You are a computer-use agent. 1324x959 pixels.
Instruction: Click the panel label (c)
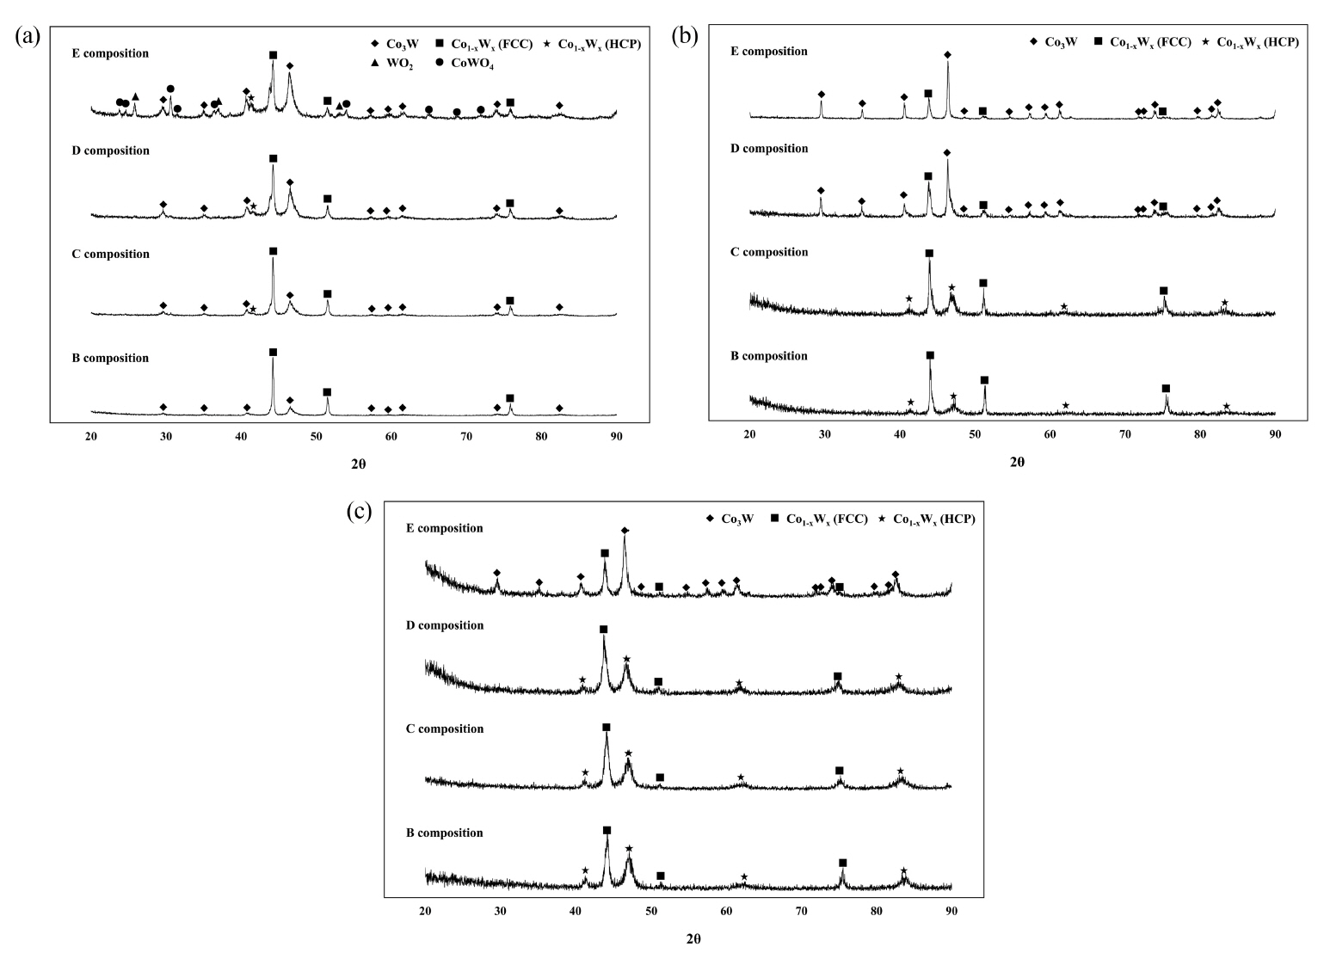click(x=359, y=512)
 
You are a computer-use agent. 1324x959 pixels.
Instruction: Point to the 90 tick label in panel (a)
click(x=616, y=437)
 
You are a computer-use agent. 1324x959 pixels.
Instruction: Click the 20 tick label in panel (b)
click(x=749, y=434)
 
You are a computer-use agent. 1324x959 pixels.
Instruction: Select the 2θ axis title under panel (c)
click(x=693, y=938)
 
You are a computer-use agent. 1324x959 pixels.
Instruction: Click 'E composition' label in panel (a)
click(x=110, y=53)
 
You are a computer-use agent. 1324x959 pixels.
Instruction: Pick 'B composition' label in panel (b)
click(x=768, y=356)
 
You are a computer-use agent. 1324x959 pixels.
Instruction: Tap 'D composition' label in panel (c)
click(x=444, y=625)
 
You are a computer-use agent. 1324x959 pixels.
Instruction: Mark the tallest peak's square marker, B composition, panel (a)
click(x=273, y=353)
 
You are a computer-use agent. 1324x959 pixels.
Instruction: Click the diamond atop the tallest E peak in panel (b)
click(x=947, y=55)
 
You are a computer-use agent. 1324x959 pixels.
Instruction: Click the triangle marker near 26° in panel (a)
click(x=135, y=97)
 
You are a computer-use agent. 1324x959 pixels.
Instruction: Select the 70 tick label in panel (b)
click(x=1124, y=434)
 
